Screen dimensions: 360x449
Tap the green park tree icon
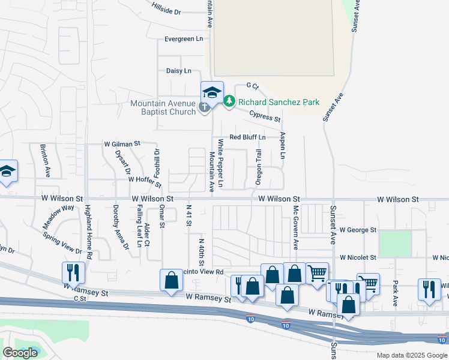[x=229, y=103]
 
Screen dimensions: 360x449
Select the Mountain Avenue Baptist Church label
[x=163, y=107]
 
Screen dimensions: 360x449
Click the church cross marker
[x=204, y=108]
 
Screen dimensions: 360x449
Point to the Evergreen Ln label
[x=184, y=39]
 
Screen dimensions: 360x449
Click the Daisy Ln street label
[x=178, y=71]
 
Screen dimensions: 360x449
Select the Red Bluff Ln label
[x=247, y=137]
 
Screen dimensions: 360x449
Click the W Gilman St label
[x=122, y=144]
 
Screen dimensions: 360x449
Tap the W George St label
[x=357, y=230]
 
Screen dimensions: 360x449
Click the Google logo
[x=20, y=353]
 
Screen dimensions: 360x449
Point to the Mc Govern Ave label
[x=295, y=227]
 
